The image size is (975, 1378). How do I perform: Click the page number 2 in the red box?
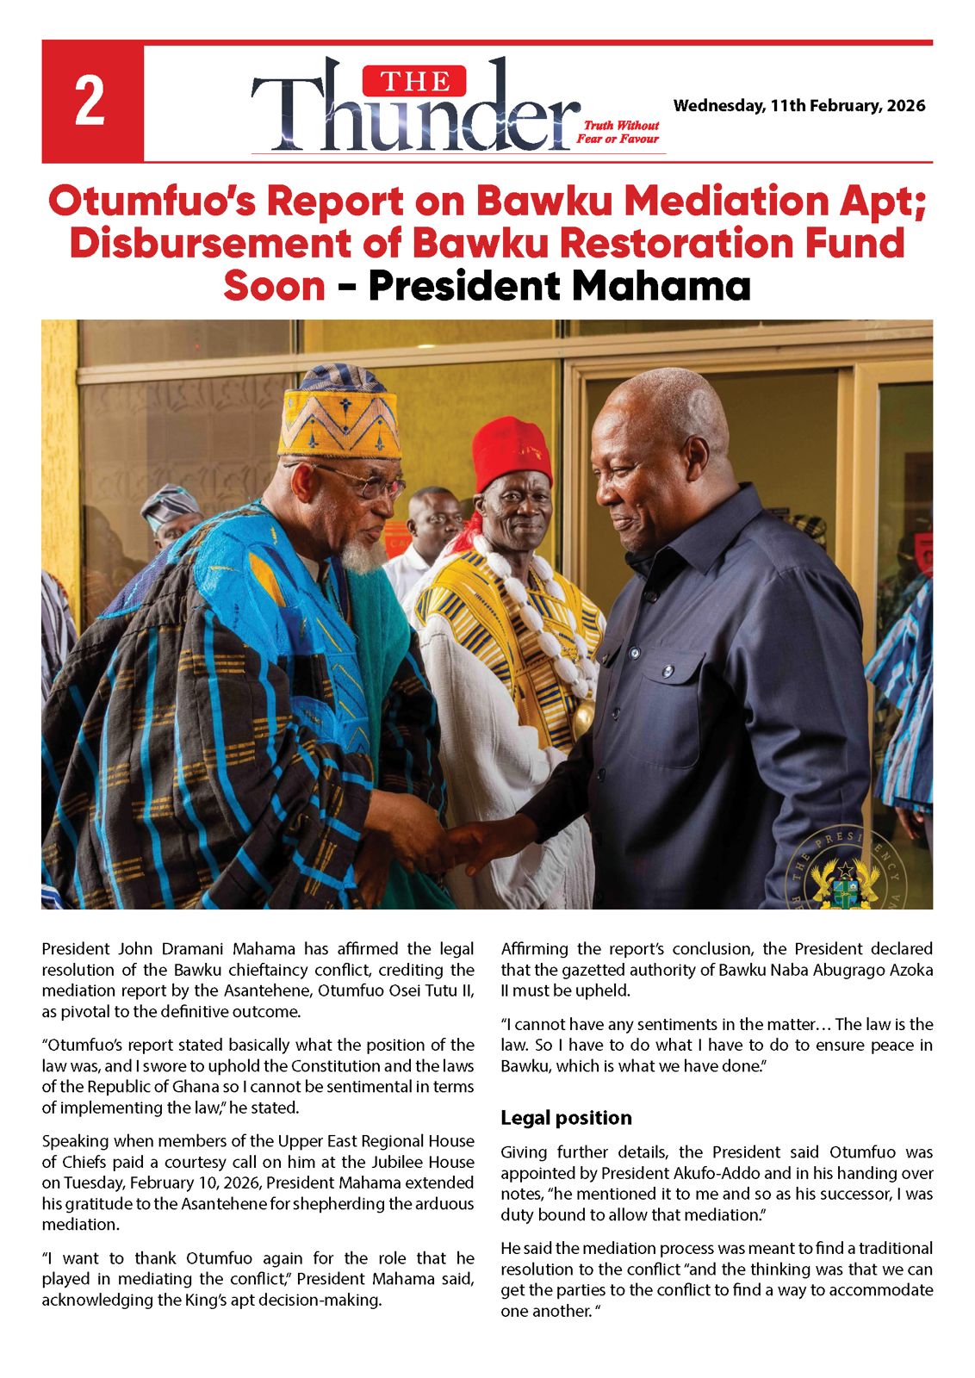(x=91, y=102)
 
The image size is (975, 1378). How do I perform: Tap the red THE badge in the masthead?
(x=414, y=82)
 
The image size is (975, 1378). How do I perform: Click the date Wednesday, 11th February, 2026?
(x=798, y=106)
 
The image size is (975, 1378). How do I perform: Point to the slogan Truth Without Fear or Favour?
(x=618, y=132)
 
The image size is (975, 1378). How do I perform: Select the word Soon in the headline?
(x=274, y=286)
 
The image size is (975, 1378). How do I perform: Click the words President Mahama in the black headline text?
(x=559, y=286)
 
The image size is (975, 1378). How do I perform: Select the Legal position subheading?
(x=566, y=1118)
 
